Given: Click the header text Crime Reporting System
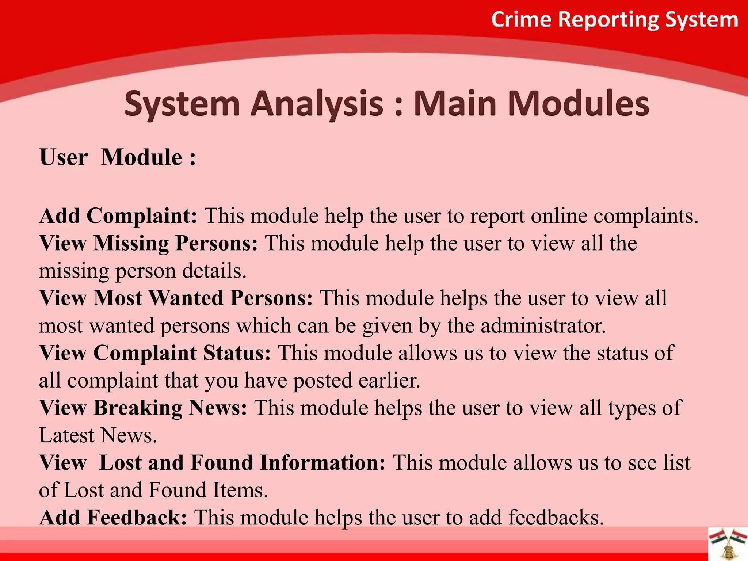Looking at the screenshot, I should (615, 20).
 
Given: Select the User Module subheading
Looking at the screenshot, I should (118, 157).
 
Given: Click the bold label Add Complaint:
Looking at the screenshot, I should (118, 216).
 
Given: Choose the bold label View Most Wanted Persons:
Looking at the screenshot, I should (176, 298).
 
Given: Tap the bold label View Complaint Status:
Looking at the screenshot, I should (155, 353).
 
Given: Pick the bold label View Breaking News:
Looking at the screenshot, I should (143, 408).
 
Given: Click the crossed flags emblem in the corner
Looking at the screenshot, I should (728, 544).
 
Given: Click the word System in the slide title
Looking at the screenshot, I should (182, 104).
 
